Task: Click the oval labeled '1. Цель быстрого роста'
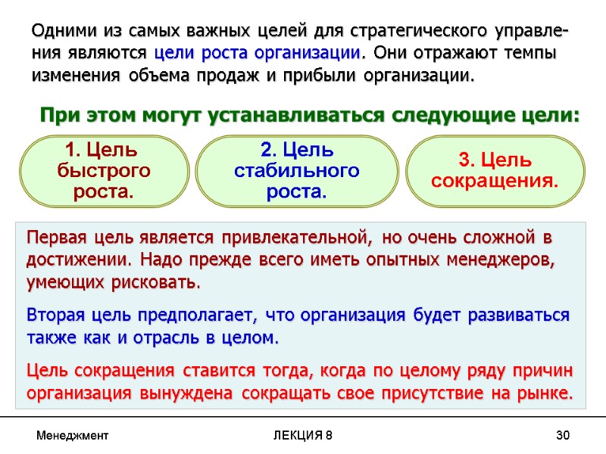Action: pos(103,170)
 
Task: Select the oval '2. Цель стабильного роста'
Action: pos(297,170)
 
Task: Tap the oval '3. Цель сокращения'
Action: pos(495,170)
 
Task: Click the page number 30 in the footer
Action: pos(562,436)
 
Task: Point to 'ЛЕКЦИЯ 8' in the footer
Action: pos(301,436)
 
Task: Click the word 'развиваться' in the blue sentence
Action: pos(523,315)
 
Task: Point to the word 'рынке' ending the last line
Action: pos(546,394)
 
